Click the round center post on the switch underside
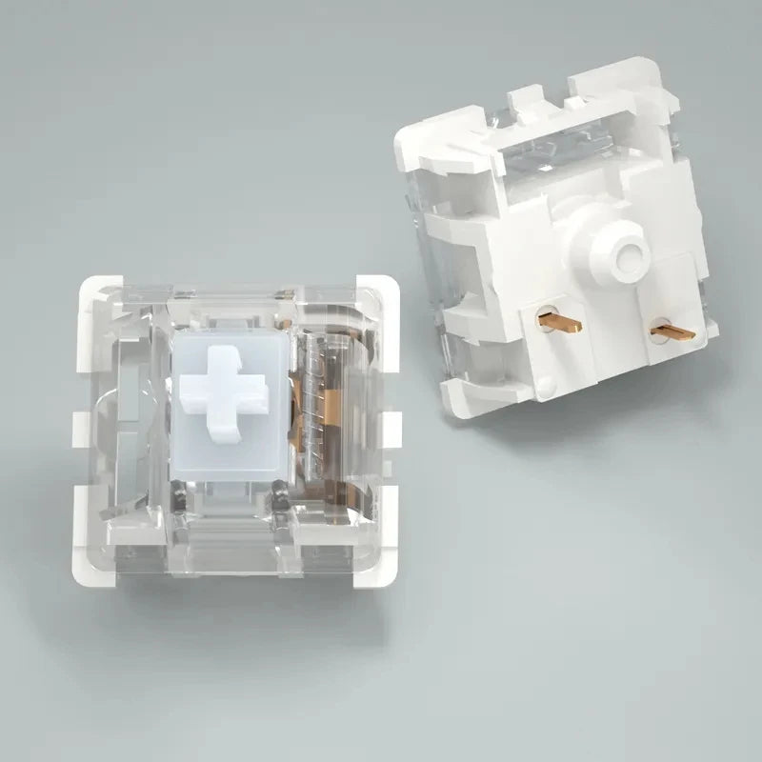[x=625, y=254]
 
